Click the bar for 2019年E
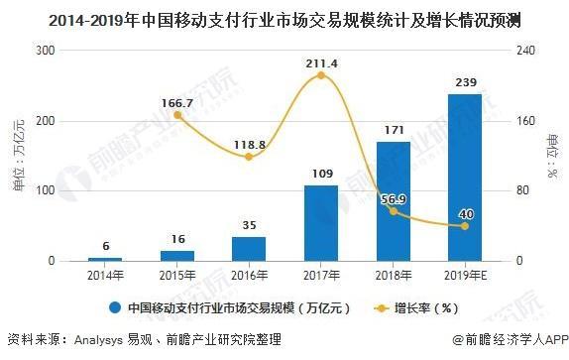[464, 178]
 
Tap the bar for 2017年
[320, 223]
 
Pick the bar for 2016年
[249, 249]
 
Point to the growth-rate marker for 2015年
[177, 114]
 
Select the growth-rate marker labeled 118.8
[249, 157]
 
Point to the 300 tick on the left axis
[43, 50]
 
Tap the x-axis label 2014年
[105, 276]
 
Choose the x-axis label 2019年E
[464, 276]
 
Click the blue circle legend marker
[116, 306]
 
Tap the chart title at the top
[284, 18]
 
